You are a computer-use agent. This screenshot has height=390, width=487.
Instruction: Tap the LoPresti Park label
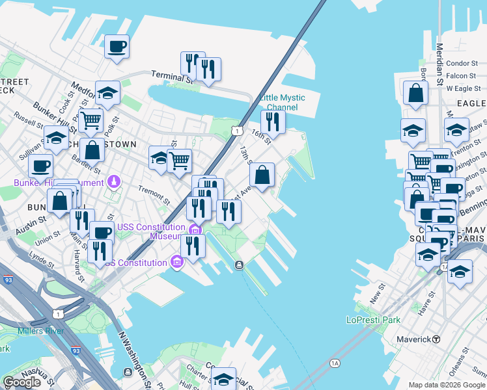point(373,320)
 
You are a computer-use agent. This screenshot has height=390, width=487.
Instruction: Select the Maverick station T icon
point(436,339)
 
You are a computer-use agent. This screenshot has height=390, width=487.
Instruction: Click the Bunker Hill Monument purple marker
point(115,181)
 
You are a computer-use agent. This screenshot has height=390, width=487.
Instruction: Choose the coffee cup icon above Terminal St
point(117,46)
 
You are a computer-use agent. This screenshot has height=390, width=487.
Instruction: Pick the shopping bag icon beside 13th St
point(262,175)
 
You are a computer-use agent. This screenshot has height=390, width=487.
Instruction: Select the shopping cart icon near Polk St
point(90,120)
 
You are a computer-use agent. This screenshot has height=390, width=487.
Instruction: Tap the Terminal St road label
point(173,77)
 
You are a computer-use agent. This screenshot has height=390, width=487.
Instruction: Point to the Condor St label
point(463,63)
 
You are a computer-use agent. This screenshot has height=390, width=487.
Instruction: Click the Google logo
point(23,382)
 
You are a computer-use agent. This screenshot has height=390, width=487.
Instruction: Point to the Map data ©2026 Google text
point(446,385)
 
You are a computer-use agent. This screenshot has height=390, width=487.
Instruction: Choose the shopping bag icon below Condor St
point(415,93)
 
